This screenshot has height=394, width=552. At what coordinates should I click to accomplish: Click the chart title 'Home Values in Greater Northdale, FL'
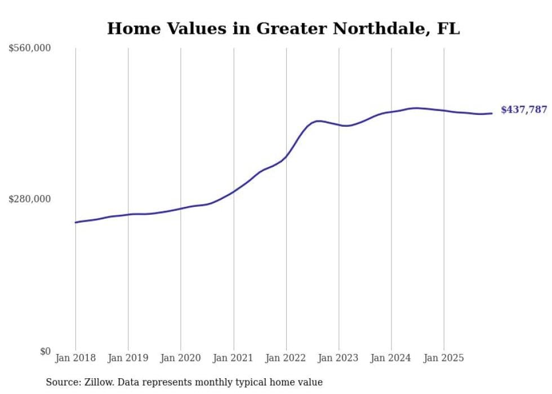click(x=283, y=29)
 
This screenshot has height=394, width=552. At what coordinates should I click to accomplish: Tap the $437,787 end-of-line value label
click(x=523, y=110)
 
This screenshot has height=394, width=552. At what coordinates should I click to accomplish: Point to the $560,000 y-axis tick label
click(x=30, y=48)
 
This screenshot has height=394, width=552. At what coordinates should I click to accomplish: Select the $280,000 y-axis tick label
click(x=30, y=199)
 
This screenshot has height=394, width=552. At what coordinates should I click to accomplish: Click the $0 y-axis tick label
click(x=45, y=351)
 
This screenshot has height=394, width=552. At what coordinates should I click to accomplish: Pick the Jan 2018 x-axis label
click(x=75, y=358)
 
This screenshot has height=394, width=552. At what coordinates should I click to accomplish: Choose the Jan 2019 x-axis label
click(x=128, y=358)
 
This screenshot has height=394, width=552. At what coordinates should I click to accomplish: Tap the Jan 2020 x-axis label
click(x=181, y=358)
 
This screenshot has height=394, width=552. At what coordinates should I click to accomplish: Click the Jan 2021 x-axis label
click(x=233, y=358)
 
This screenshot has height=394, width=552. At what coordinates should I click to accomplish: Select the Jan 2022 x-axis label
click(x=286, y=358)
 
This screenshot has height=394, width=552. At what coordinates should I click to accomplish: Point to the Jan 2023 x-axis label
click(x=339, y=358)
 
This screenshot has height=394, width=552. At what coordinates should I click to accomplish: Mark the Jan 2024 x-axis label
click(x=391, y=358)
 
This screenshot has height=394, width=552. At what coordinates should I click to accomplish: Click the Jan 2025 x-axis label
click(x=444, y=358)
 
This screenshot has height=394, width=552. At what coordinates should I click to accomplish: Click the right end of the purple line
click(x=492, y=113)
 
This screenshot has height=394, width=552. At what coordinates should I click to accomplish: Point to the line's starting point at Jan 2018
click(x=75, y=222)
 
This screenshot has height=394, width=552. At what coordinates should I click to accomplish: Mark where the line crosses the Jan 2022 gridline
click(x=286, y=156)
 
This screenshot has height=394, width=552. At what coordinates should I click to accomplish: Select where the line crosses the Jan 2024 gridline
click(x=391, y=112)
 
